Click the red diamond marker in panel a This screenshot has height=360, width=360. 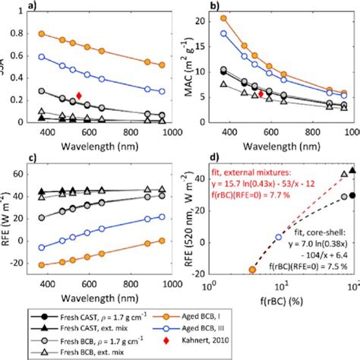coord(77,96)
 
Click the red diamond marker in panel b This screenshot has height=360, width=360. coord(261,93)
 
